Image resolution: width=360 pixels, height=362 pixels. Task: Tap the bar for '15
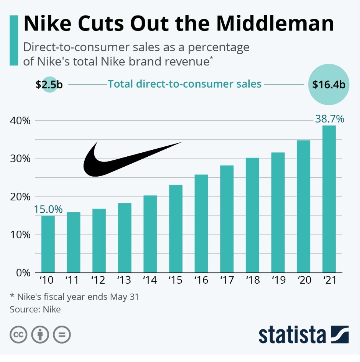pos(175,228)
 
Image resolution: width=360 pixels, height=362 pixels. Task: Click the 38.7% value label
pos(329,119)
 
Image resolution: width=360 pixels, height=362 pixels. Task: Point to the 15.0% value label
pos(48,209)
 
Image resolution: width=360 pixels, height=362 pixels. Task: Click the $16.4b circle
pos(328,84)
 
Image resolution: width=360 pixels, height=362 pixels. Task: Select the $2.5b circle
pos(49,84)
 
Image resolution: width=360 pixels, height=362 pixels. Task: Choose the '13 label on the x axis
pos(124,281)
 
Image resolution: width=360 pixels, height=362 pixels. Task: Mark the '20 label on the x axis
pos(303,281)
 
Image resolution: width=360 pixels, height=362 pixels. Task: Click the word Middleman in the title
pos(275,24)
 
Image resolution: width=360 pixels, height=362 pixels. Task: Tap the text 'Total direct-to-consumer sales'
pos(184,84)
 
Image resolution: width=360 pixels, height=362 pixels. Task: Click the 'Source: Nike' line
pos(35,309)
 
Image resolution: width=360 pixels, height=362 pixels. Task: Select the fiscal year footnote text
pos(74,297)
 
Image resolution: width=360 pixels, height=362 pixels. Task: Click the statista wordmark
pos(292,335)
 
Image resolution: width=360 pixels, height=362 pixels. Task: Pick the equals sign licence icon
pos(62,335)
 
